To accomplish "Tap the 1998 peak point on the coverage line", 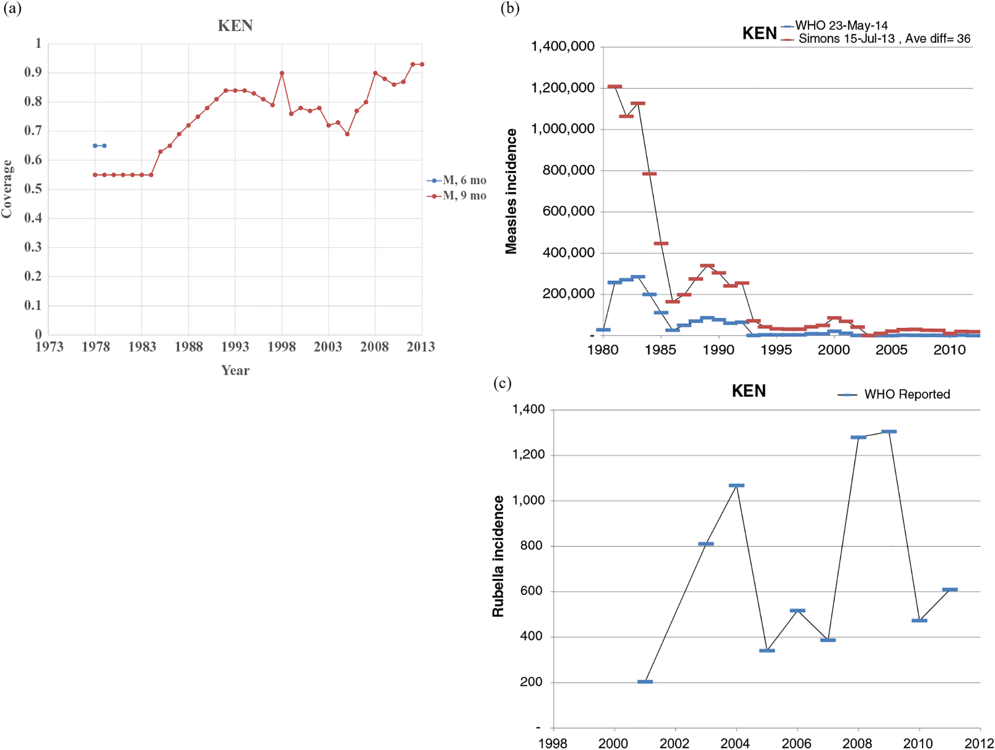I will (282, 73).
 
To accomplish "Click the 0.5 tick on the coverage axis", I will (33, 189).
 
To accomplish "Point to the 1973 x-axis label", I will (49, 347).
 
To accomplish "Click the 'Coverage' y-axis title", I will (7, 189).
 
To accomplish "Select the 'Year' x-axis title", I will (235, 370).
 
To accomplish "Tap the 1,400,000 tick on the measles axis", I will (562, 47).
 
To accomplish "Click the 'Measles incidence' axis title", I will (511, 191).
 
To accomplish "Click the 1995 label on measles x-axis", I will (776, 350).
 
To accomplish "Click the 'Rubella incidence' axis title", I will (498, 556).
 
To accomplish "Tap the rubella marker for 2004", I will (736, 486).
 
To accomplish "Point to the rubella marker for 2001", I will (645, 682).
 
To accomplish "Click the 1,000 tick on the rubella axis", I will (529, 501).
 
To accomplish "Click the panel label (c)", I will (502, 383).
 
